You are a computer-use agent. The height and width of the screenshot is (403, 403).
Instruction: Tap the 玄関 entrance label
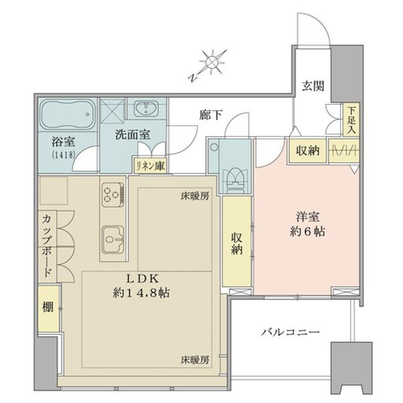point(312,86)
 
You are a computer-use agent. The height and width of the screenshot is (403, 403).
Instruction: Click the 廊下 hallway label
point(211,115)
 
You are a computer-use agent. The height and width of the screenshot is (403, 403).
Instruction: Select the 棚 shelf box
point(48,308)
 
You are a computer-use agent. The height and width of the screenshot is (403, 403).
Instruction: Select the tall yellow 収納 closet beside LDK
point(237,242)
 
